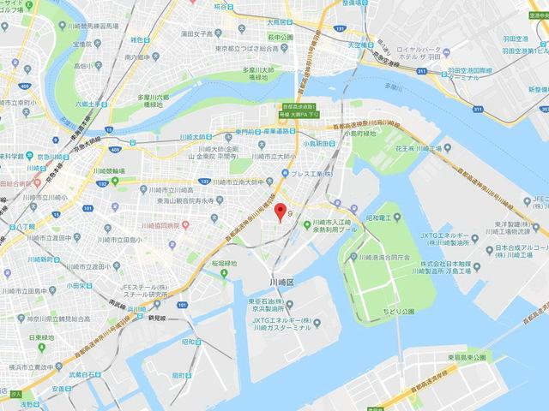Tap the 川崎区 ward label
pos(280,280)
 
